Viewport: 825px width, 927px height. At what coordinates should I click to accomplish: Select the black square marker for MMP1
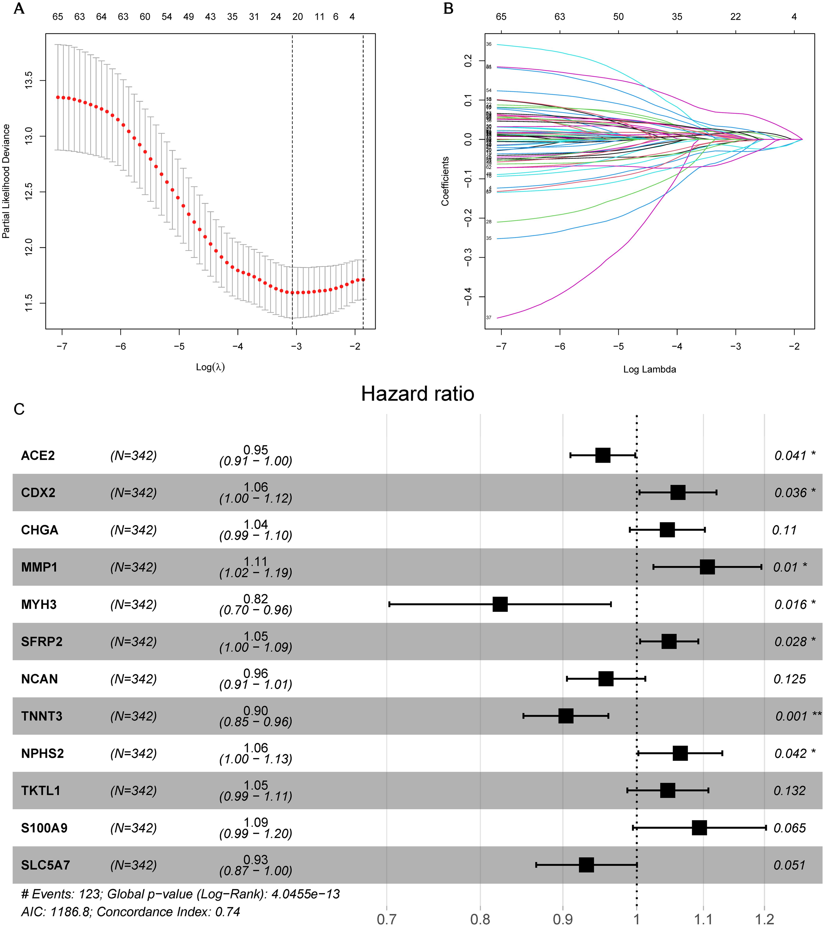click(707, 567)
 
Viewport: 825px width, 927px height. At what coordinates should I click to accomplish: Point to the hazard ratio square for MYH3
click(500, 605)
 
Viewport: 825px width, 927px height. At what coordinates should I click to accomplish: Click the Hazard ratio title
click(417, 394)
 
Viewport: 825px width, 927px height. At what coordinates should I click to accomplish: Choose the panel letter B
click(448, 9)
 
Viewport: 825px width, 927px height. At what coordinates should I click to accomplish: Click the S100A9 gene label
click(44, 828)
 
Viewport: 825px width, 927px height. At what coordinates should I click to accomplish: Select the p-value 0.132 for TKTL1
click(789, 791)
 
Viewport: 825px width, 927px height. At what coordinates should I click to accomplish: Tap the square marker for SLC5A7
click(586, 865)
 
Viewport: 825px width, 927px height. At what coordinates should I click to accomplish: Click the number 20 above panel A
click(298, 17)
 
